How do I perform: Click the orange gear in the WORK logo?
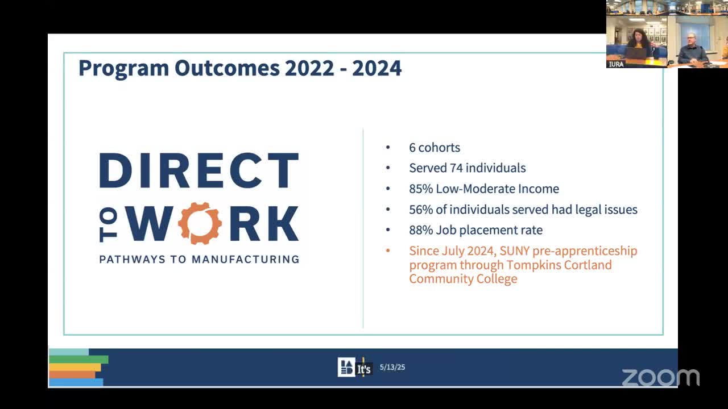(x=200, y=223)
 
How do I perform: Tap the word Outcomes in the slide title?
(x=227, y=68)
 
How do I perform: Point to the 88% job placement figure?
(x=420, y=230)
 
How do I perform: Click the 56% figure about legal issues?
(x=420, y=210)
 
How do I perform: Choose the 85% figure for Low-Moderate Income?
(x=420, y=189)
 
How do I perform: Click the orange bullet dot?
(x=388, y=251)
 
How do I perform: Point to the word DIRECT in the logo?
(x=199, y=170)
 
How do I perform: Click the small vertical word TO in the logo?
(x=110, y=223)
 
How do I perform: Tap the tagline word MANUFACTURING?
(x=245, y=260)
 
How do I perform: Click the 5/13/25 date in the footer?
(x=392, y=368)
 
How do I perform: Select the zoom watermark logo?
(x=660, y=377)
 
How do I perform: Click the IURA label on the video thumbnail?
(x=616, y=64)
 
